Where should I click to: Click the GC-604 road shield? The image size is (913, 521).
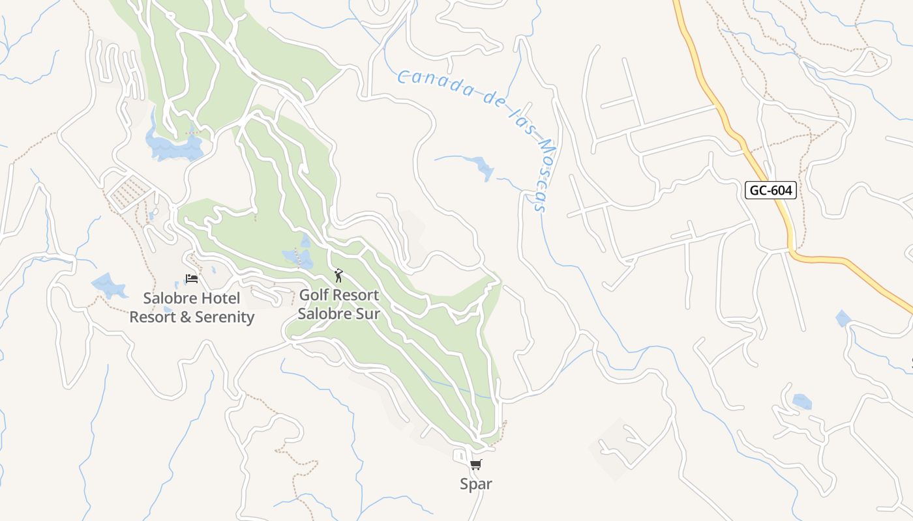coord(770,190)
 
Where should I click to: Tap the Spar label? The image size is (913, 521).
coord(476,484)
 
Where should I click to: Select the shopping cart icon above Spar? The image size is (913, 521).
coord(476,464)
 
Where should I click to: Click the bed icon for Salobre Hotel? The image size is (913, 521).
coord(192,279)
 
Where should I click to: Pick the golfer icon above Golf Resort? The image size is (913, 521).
coord(338,275)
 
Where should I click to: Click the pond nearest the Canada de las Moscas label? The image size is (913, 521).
coord(483,167)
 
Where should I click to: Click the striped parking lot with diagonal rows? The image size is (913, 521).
coord(129,191)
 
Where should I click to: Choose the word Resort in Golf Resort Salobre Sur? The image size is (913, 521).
coord(355,295)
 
